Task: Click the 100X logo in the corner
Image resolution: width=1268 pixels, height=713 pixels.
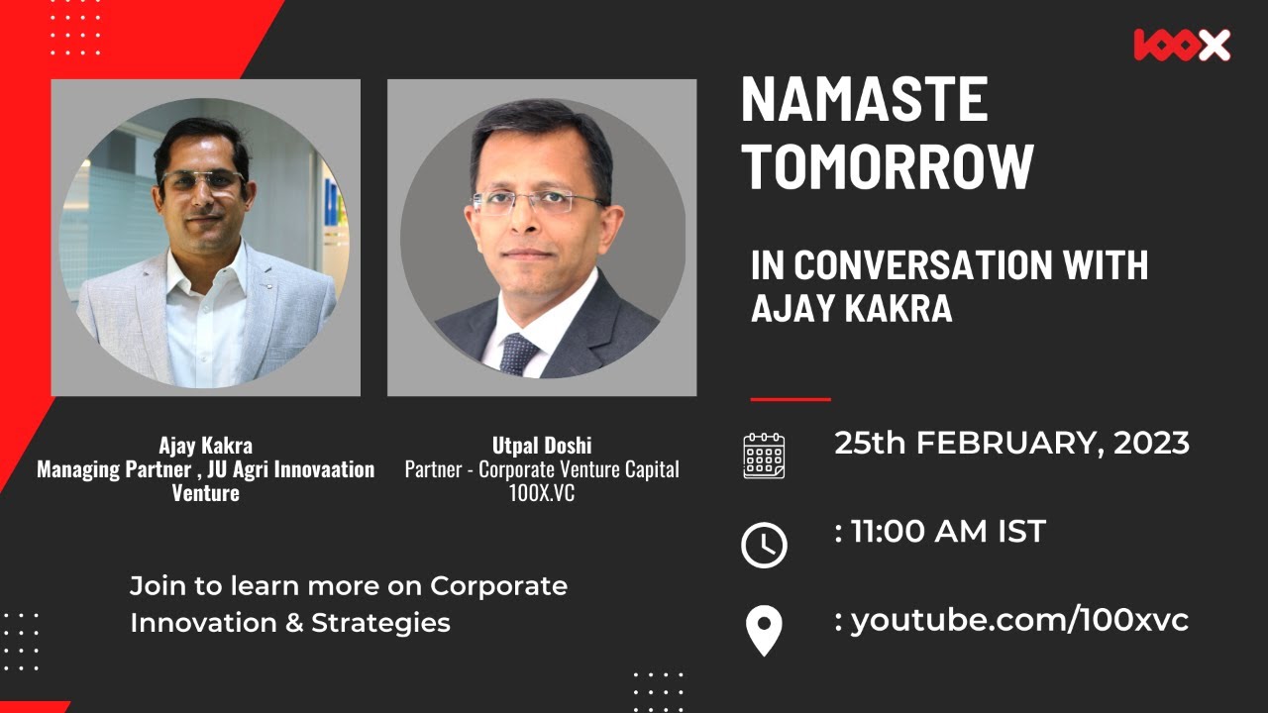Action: pyautogui.click(x=1182, y=46)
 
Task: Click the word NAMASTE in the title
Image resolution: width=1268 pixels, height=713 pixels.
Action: pyautogui.click(x=864, y=100)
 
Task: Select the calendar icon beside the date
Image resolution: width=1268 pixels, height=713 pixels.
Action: pyautogui.click(x=764, y=456)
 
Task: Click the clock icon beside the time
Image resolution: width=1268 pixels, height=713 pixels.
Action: pyautogui.click(x=764, y=545)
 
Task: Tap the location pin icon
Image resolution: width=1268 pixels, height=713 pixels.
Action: pyautogui.click(x=764, y=631)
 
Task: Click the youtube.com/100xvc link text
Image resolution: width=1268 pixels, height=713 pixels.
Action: pyautogui.click(x=1019, y=620)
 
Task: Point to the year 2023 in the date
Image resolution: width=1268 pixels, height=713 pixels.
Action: pyautogui.click(x=1151, y=444)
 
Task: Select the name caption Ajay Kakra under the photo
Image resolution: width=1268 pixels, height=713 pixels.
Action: pyautogui.click(x=205, y=445)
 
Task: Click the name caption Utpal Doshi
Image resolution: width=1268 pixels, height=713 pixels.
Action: pyautogui.click(x=542, y=445)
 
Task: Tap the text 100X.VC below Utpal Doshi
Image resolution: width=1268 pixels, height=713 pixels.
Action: pyautogui.click(x=542, y=492)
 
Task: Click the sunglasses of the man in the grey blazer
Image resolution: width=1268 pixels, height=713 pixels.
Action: pyautogui.click(x=203, y=181)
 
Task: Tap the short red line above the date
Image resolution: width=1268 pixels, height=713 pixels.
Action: pyautogui.click(x=790, y=399)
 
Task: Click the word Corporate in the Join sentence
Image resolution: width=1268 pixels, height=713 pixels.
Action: pyautogui.click(x=498, y=585)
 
